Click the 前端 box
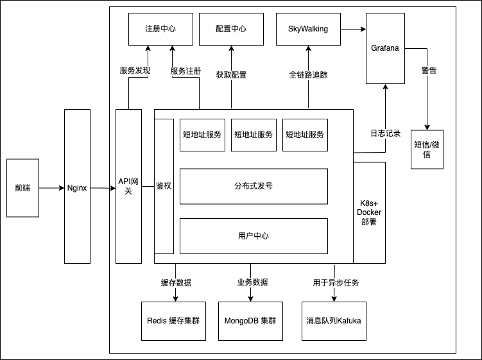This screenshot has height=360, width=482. coord(22,188)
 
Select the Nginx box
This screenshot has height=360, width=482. coord(77,186)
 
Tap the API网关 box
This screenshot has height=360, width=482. coord(128,186)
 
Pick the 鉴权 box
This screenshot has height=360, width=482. coord(164,186)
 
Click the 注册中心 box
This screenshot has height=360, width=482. coord(160,29)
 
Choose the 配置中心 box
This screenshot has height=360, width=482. coord(231,29)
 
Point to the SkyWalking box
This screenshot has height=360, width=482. coord(308,29)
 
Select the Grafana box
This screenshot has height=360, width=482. coord(385,49)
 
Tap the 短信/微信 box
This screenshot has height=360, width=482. coord(427,150)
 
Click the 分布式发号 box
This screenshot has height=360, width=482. coord(254,186)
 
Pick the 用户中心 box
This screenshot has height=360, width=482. coord(254,236)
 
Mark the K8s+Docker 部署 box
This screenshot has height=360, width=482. coord(369,212)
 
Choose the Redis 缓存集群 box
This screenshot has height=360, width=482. coord(173,320)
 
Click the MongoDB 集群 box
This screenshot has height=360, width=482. coord(250,320)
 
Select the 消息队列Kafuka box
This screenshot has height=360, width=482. coord(334,320)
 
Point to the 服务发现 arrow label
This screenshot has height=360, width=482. coord(135,71)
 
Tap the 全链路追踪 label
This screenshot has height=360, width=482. coord(308,74)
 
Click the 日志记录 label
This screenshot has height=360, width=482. coord(385,133)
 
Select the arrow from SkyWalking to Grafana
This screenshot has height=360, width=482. coord(353,29)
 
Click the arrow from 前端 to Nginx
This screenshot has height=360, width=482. coord(51,188)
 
